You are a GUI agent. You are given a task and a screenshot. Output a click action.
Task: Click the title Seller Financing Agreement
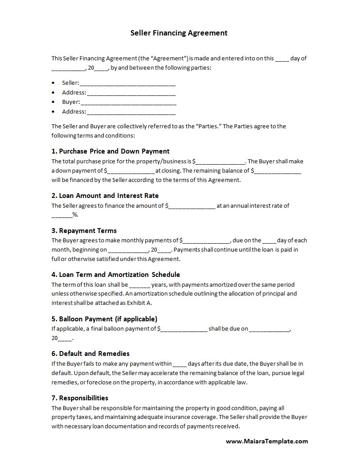[179, 33]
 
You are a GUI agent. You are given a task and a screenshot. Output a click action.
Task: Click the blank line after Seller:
[128, 83]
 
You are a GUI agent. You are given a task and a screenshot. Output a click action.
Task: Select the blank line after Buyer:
[129, 103]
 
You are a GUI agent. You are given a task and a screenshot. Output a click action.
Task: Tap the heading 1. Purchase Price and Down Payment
[111, 151]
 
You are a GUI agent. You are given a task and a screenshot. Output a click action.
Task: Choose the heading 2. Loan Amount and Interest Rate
[105, 195]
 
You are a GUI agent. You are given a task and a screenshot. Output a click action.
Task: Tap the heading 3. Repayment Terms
[84, 230]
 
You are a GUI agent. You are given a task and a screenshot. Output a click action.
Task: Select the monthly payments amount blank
[206, 241]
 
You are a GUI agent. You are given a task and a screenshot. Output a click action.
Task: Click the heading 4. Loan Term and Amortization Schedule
[116, 274]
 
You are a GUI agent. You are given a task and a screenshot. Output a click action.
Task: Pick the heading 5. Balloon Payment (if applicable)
[104, 319]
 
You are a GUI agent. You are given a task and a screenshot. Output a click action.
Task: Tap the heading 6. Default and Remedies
[91, 353]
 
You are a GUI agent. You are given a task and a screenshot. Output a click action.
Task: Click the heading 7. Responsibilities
[80, 398]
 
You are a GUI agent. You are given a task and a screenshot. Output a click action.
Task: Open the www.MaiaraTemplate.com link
[267, 441]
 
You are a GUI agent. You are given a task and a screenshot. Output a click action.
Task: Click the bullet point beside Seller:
[53, 83]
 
